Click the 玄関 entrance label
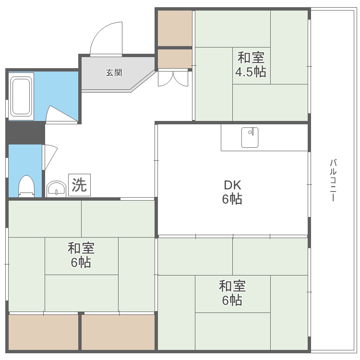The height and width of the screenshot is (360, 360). [x=114, y=73]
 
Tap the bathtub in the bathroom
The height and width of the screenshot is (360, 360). [x=21, y=96]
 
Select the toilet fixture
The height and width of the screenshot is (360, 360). [x=26, y=186]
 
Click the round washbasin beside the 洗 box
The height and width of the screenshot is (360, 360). [x=57, y=189]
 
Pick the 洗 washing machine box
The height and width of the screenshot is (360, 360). [x=79, y=185]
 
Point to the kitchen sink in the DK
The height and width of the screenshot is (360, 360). [x=250, y=138]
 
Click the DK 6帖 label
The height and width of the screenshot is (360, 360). [x=232, y=192]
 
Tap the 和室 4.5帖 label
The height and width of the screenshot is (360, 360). [x=251, y=64]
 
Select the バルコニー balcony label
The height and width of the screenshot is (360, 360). [x=333, y=180]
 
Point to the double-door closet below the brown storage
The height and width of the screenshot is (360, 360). [x=173, y=79]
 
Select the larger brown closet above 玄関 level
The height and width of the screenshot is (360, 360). [x=175, y=28]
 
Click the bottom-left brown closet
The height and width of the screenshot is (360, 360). [x=43, y=332]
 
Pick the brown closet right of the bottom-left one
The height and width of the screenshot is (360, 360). [x=118, y=332]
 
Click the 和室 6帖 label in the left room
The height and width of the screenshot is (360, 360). [x=81, y=255]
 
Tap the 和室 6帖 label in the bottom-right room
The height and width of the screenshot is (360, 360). [x=232, y=293]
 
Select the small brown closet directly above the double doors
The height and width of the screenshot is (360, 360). [x=175, y=59]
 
